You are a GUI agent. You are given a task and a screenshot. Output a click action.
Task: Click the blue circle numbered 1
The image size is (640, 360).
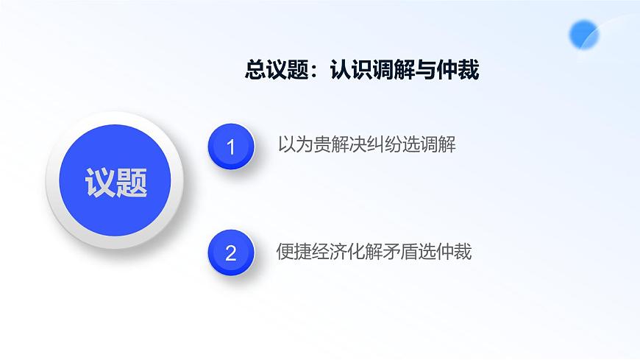click(x=231, y=147)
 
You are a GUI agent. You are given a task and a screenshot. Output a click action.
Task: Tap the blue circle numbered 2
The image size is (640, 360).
click(x=231, y=253)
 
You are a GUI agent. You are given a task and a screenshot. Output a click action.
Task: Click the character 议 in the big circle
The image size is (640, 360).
click(x=100, y=182)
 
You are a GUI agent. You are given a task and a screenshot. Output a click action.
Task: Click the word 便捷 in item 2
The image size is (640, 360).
click(x=294, y=252)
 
